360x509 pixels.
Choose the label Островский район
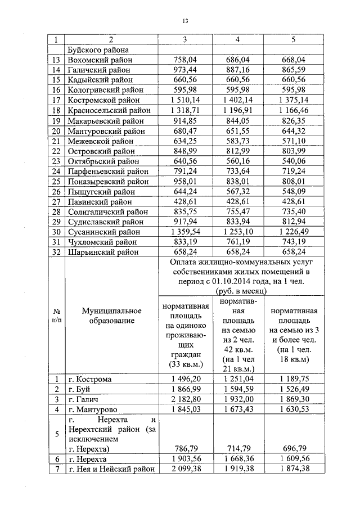coord(101,151)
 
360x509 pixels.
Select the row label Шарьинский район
coord(101,252)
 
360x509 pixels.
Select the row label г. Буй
coord(79,389)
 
